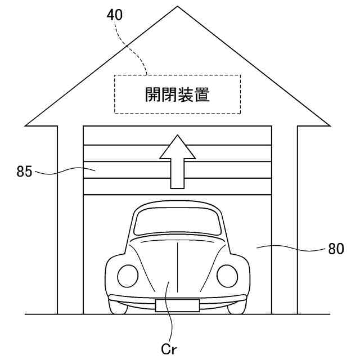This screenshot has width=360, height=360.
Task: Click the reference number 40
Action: [x=115, y=15]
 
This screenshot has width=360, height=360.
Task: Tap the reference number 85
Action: [x=24, y=172]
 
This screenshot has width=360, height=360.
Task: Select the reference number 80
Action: [x=336, y=248]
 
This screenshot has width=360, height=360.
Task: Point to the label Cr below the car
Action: [x=169, y=349]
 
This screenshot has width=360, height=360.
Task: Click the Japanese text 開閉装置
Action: [x=177, y=95]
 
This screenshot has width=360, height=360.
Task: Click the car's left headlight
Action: [x=127, y=276]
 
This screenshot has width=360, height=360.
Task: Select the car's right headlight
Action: [x=227, y=276]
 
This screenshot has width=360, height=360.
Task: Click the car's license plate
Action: [x=177, y=306]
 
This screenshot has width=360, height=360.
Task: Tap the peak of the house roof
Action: [x=178, y=7]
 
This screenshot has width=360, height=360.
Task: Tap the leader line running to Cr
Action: [x=170, y=315]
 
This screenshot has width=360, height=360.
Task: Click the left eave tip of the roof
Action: [x=26, y=124]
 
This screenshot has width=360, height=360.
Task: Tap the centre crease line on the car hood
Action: [x=177, y=264]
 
